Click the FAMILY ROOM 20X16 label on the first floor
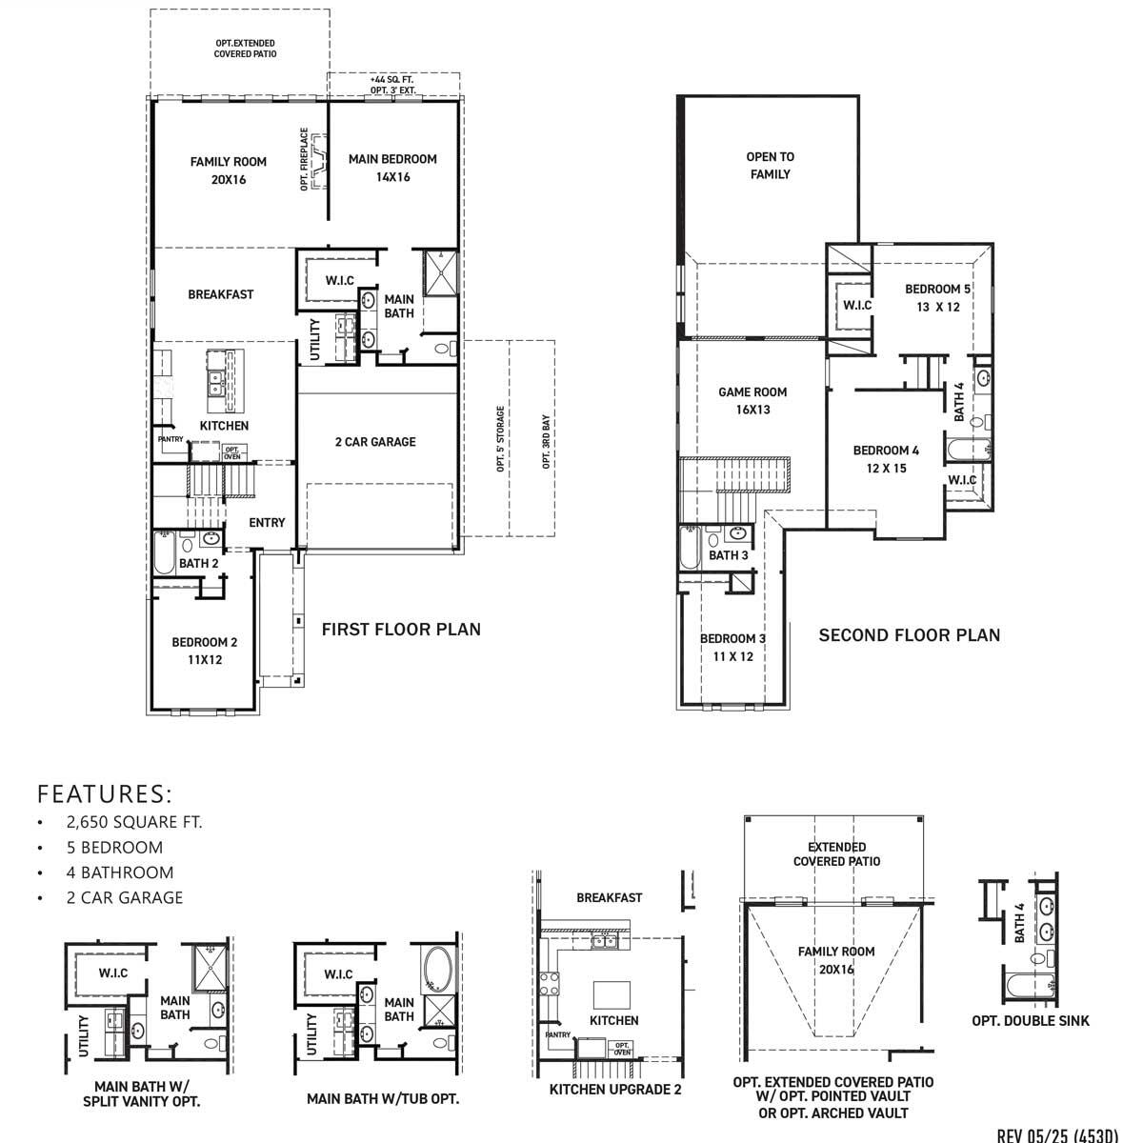point(229,170)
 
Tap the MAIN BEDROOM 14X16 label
point(392,168)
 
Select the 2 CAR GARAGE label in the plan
point(375,442)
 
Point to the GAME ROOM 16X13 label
point(752,400)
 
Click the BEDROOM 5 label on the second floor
point(937,297)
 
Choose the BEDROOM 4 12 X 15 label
point(886,459)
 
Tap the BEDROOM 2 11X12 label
point(205,651)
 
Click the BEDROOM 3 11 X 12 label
point(732,648)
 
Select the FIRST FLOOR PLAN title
point(401,630)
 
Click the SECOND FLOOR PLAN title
point(910,635)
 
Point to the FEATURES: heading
point(105,794)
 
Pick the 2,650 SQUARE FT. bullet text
point(134,822)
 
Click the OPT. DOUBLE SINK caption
point(1031,1020)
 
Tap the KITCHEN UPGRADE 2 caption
point(615,1090)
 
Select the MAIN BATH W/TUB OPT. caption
point(383,1099)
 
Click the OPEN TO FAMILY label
point(770,166)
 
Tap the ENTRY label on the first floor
point(267,522)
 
